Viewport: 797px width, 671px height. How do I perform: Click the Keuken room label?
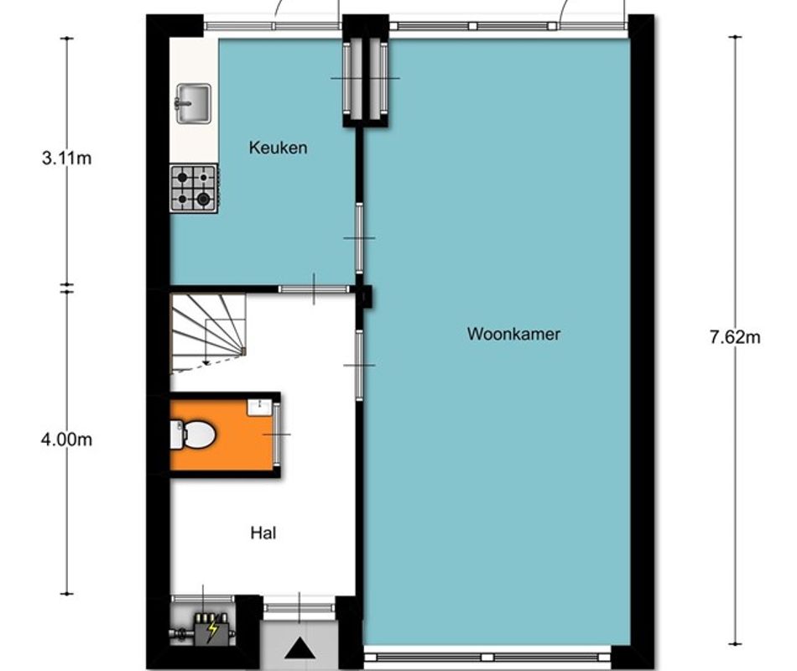[278, 148]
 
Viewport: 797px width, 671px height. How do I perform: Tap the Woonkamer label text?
[513, 334]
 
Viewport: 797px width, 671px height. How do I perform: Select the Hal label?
[263, 532]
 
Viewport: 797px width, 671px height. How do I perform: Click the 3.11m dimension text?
[66, 158]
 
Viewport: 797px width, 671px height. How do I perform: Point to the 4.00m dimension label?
[66, 440]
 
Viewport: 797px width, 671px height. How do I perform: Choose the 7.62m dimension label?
[735, 338]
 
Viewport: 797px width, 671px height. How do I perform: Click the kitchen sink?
[193, 105]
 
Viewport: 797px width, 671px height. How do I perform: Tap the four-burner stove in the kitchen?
[194, 188]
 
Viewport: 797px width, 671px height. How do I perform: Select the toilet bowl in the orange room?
[195, 434]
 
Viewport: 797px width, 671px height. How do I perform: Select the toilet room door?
[276, 434]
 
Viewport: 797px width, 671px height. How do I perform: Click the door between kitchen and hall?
[314, 289]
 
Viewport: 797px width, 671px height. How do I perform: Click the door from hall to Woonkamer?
[359, 365]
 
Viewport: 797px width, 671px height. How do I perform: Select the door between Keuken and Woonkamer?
[359, 237]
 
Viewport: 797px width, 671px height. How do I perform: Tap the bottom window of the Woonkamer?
[487, 655]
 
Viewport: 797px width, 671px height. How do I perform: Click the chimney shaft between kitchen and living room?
[365, 79]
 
